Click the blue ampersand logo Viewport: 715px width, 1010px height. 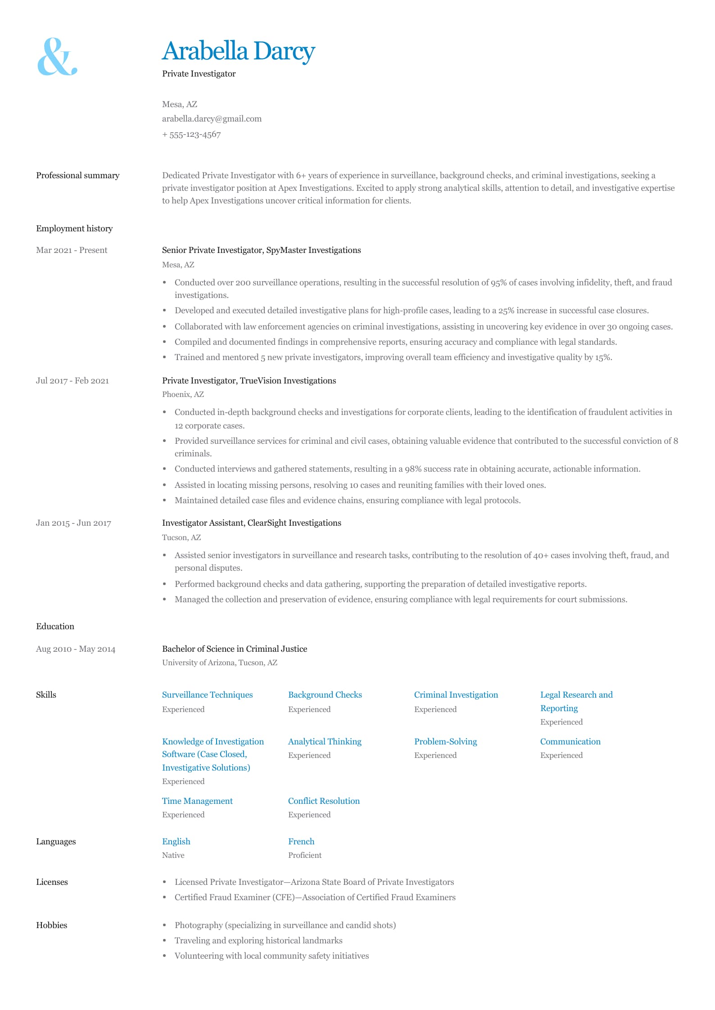tap(57, 57)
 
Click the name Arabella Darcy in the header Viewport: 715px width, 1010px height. tap(238, 51)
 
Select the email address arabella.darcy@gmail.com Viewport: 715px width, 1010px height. tap(212, 119)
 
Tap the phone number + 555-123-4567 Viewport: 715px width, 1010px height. tap(191, 135)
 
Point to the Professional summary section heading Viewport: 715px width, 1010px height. tap(77, 176)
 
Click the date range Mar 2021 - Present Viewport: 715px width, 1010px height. tap(72, 250)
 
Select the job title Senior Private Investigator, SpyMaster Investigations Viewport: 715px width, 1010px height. tap(261, 250)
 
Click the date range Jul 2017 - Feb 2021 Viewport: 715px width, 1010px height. tap(72, 381)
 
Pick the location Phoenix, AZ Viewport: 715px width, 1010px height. tap(183, 394)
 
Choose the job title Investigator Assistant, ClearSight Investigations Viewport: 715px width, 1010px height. tap(251, 523)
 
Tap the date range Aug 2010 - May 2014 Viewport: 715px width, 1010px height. tap(75, 649)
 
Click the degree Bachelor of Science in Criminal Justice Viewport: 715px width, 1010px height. tap(234, 649)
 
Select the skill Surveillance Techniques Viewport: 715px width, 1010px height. tap(207, 695)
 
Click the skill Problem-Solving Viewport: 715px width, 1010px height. tap(445, 742)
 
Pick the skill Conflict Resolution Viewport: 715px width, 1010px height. tap(324, 801)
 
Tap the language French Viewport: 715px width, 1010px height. tap(301, 842)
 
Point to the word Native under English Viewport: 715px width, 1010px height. tap(173, 855)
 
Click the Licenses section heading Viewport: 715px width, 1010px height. tap(52, 882)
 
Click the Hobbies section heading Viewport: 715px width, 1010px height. tap(51, 925)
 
